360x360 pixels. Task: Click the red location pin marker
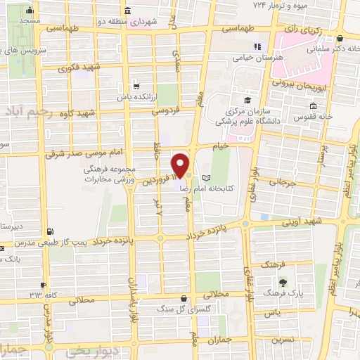click(181, 165)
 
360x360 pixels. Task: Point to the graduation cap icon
click(247, 100)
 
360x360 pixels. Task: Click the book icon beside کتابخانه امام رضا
click(206, 178)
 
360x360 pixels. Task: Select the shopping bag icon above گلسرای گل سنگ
click(184, 298)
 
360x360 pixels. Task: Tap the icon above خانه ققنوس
click(311, 107)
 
